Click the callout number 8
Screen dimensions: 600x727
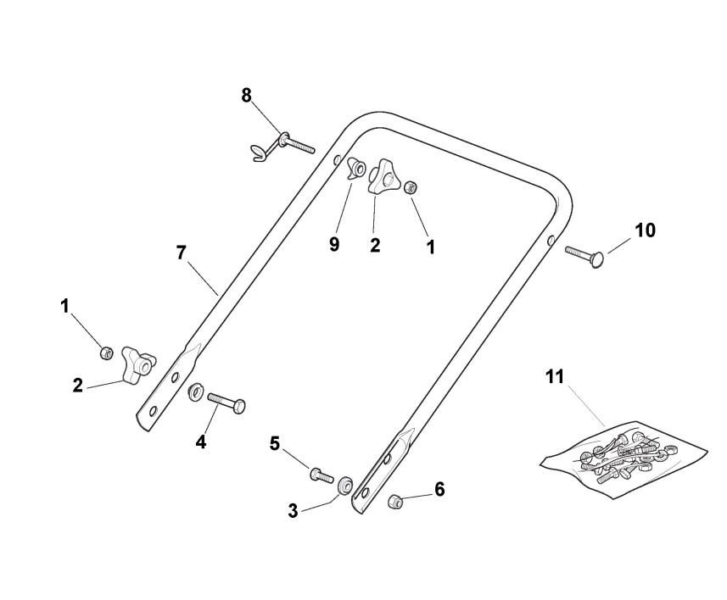[246, 95]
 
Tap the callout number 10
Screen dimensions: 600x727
[645, 230]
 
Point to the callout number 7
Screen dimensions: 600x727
[180, 252]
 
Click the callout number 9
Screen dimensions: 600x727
[334, 244]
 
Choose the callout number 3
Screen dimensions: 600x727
[293, 511]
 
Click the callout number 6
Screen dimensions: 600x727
[439, 489]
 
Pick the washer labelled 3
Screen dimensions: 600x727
[345, 486]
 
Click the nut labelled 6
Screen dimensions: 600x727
[394, 502]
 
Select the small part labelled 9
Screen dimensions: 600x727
[356, 170]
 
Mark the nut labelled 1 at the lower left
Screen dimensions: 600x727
[107, 353]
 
